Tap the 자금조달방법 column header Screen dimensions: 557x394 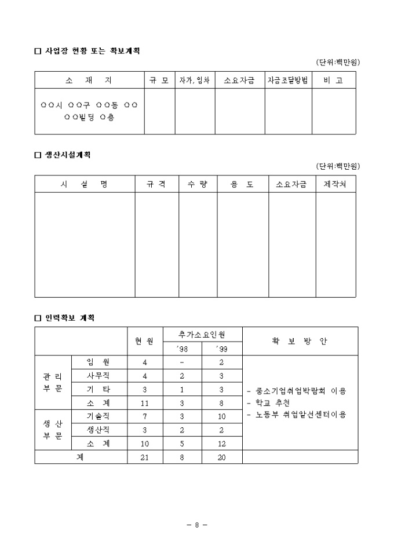(x=288, y=80)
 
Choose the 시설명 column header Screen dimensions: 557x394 (x=85, y=184)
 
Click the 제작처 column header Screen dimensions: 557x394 (x=335, y=184)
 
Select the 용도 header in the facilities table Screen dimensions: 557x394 (x=242, y=184)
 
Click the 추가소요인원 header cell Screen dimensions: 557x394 (x=202, y=334)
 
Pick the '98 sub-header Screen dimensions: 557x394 (x=182, y=349)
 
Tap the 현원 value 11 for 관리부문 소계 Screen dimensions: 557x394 (x=145, y=403)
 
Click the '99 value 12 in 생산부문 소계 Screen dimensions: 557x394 (x=221, y=444)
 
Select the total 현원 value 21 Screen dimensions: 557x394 (x=145, y=457)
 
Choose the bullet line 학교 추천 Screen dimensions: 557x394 (x=269, y=403)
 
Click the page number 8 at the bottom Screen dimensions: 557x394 (x=197, y=525)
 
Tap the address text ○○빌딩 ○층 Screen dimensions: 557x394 (x=89, y=117)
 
